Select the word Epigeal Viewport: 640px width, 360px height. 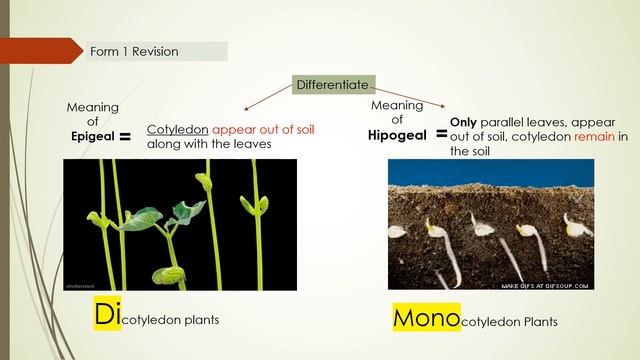point(93,137)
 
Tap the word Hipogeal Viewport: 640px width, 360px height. point(398,135)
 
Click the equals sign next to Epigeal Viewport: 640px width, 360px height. point(126,138)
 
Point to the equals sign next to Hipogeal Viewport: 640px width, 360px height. point(441,133)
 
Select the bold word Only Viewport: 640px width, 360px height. point(464,121)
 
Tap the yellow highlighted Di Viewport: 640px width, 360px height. point(107,313)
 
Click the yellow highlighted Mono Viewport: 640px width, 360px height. point(426,318)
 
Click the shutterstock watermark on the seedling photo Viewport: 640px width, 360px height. point(80,285)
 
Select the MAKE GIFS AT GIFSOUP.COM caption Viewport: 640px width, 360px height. point(545,286)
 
